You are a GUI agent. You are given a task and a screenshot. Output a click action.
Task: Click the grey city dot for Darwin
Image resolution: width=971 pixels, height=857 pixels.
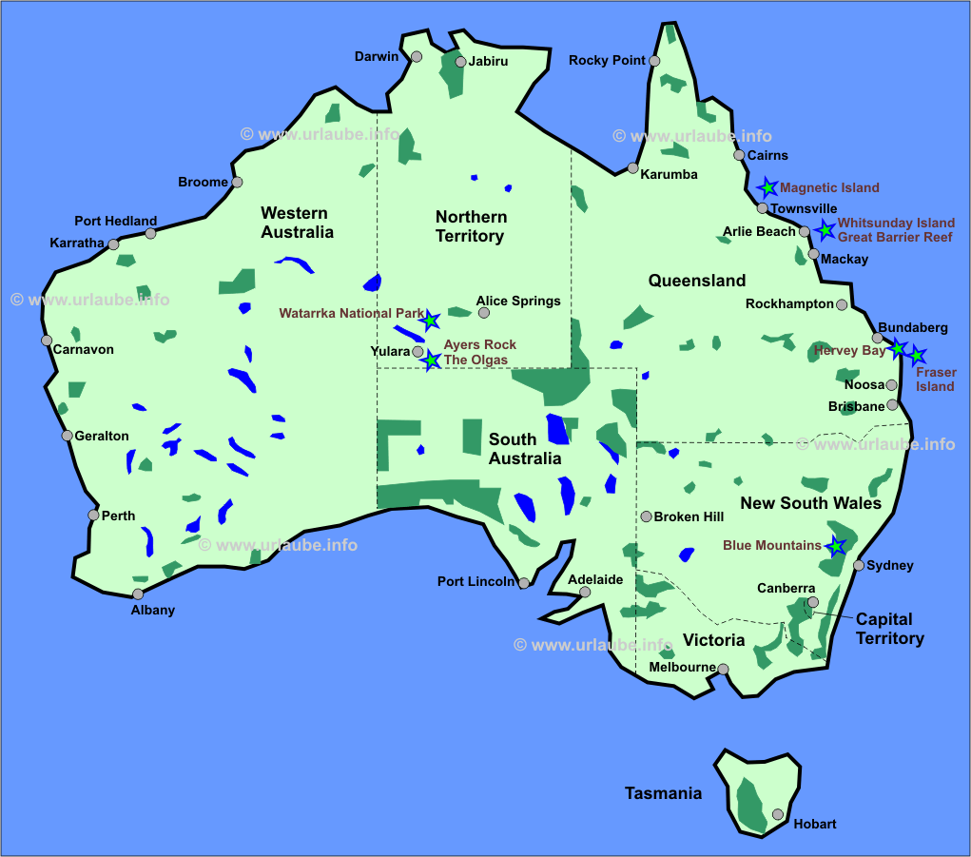click(x=417, y=57)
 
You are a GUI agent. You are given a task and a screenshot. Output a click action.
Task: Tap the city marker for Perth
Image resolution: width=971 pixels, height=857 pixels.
click(x=93, y=515)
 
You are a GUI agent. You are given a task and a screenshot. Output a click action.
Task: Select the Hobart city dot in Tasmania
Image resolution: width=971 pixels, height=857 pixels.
click(x=778, y=814)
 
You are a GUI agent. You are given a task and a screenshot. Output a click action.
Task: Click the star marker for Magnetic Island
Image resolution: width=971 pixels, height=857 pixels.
click(x=767, y=187)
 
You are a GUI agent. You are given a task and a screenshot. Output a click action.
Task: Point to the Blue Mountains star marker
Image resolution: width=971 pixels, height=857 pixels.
click(x=836, y=546)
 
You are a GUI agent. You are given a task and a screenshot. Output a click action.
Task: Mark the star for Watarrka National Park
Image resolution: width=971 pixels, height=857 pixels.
click(x=431, y=320)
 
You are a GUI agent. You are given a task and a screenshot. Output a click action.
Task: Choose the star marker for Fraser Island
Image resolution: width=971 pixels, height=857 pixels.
click(x=917, y=357)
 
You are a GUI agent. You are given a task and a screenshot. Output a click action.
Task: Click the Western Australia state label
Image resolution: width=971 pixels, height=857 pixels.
click(x=297, y=223)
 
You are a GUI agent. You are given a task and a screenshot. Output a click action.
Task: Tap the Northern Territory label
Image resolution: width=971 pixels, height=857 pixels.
click(x=471, y=226)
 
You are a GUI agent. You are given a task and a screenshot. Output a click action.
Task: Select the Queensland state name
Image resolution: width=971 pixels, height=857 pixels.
click(x=697, y=281)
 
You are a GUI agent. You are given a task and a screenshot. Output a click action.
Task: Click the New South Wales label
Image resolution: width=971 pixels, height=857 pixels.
click(x=810, y=503)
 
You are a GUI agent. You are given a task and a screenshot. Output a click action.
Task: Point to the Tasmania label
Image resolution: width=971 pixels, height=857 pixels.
click(x=663, y=793)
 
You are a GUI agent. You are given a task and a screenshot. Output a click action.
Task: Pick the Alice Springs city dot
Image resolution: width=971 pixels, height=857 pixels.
click(x=484, y=312)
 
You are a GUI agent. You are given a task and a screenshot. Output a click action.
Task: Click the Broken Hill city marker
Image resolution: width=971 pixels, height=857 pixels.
click(x=647, y=516)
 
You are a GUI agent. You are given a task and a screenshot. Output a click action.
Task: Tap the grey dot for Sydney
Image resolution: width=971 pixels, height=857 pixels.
click(x=859, y=565)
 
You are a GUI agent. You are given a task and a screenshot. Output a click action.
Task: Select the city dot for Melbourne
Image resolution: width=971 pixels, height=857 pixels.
click(x=723, y=669)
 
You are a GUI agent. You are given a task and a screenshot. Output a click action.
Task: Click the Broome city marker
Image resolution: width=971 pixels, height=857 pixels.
click(x=237, y=182)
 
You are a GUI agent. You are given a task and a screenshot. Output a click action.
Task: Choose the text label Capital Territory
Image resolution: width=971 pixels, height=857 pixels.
click(x=889, y=629)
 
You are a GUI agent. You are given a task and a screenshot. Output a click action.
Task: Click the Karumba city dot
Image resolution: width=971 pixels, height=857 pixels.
click(x=632, y=168)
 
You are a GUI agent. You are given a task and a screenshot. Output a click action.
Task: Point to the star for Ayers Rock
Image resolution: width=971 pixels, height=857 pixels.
click(x=432, y=360)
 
